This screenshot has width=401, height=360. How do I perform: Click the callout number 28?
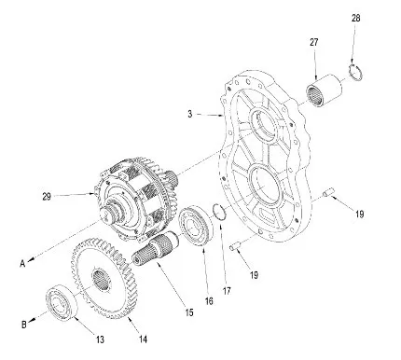(355, 18)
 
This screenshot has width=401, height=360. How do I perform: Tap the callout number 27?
(314, 42)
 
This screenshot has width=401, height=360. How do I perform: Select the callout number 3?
(190, 114)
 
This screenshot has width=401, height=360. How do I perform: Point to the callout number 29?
(47, 197)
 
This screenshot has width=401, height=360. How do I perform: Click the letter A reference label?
(22, 264)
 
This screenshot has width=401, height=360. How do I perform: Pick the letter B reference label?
(24, 325)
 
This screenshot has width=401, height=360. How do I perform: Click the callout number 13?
(100, 339)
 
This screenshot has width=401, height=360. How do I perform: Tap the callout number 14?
(143, 339)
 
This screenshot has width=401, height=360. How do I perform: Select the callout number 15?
(189, 312)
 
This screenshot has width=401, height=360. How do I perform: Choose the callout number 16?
(209, 300)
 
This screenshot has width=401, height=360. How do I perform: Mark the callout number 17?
(227, 291)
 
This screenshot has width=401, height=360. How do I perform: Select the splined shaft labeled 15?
(155, 249)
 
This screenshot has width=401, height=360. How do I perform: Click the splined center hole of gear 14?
(101, 281)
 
